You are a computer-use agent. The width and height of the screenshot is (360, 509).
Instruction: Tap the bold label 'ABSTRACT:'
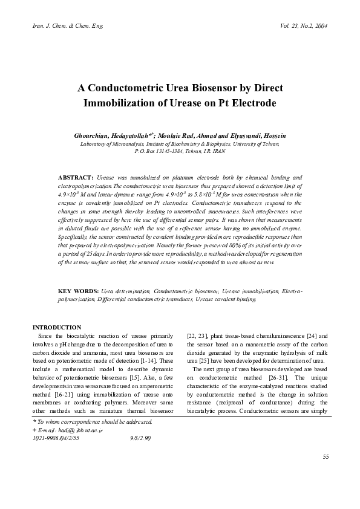(x=76, y=178)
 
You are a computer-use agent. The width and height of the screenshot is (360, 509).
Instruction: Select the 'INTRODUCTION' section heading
(x=56, y=327)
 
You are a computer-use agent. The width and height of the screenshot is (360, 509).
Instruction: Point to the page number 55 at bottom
(x=325, y=473)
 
